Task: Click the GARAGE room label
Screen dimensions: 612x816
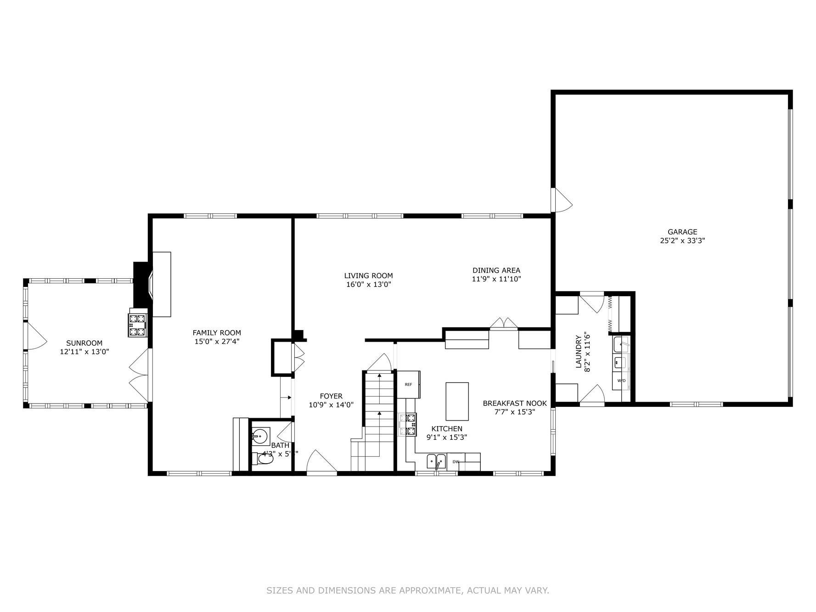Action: coord(682,232)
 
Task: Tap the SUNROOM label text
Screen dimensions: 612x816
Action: coord(84,343)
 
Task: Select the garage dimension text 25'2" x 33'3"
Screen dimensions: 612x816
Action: coord(682,241)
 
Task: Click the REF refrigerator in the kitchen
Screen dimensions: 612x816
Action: coord(408,384)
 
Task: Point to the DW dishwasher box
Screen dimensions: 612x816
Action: coord(456,462)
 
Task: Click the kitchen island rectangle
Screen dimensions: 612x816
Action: coord(457,401)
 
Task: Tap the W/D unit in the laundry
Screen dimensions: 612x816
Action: coord(621,381)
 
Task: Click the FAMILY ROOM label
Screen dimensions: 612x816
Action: coord(216,333)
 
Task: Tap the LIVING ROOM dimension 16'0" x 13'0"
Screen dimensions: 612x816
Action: coord(368,285)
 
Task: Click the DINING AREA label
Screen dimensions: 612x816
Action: coord(496,270)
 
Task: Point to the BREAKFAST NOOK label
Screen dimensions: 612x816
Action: coord(514,404)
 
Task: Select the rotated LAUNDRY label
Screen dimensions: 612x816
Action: coord(578,351)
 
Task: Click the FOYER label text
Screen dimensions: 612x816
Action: coord(331,396)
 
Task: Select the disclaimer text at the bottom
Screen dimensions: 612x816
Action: coord(407,590)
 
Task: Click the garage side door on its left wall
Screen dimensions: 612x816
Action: coord(561,200)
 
